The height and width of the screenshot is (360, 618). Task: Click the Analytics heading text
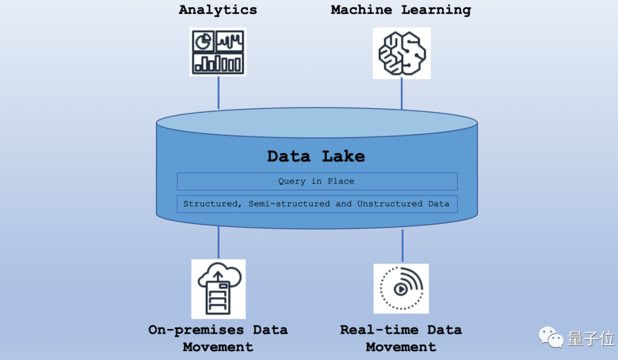click(218, 10)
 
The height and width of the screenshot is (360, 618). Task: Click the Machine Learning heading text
click(401, 10)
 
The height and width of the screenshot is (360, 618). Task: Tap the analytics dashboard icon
click(218, 52)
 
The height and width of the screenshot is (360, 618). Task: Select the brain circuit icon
click(401, 53)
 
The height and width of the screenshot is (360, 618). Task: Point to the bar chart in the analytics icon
click(218, 63)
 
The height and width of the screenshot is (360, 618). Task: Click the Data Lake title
click(316, 156)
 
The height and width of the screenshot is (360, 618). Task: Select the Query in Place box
click(317, 181)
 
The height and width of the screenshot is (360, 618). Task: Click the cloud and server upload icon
click(218, 289)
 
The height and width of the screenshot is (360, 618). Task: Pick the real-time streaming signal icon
click(401, 288)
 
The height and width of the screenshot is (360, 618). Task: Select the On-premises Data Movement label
click(218, 338)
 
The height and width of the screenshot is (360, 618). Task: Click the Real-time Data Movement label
click(401, 338)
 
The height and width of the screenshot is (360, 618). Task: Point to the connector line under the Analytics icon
click(218, 92)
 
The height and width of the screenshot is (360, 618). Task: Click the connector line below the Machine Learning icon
click(402, 94)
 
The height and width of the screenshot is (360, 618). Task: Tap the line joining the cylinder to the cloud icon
click(218, 242)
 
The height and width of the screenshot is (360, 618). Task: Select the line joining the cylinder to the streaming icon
click(403, 246)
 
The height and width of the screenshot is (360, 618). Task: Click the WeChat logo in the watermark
click(550, 337)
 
